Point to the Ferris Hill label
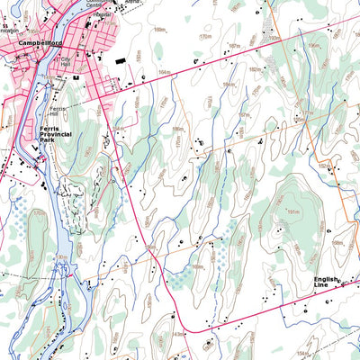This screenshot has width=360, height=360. pos(60,111)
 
